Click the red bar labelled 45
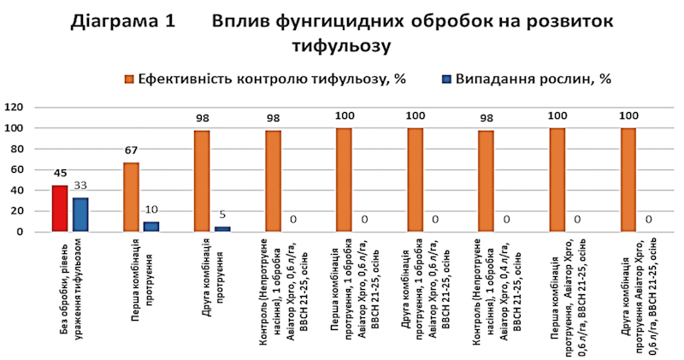click(x=59, y=209)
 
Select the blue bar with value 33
click(x=80, y=215)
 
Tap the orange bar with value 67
click(x=131, y=198)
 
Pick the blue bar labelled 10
click(x=150, y=227)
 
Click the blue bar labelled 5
click(x=222, y=229)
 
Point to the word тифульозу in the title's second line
click(x=346, y=44)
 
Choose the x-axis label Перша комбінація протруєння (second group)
click(x=142, y=279)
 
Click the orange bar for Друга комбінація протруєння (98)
click(x=202, y=181)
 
